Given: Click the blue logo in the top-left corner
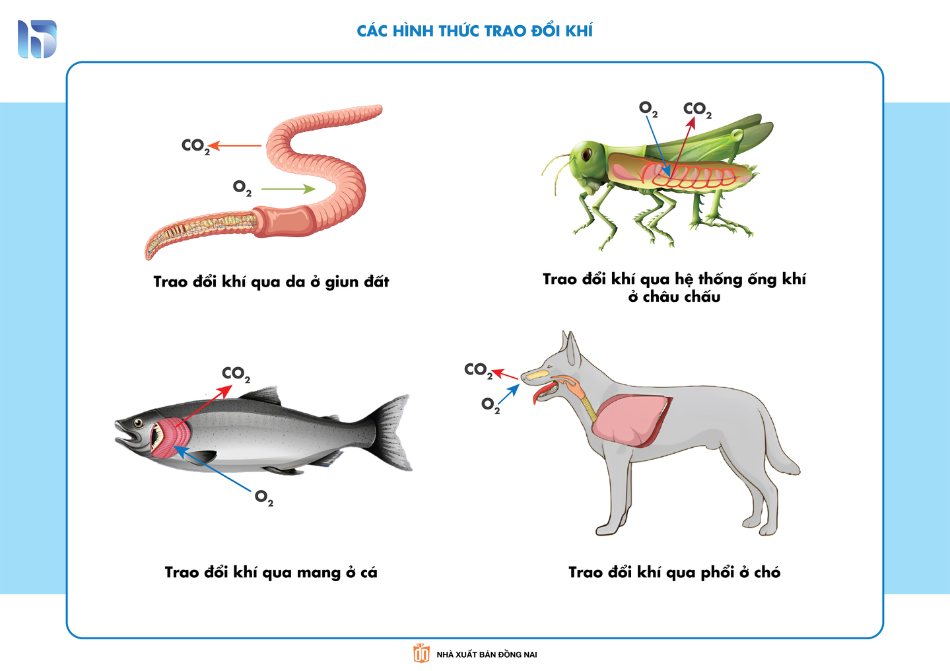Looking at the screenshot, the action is [37, 38].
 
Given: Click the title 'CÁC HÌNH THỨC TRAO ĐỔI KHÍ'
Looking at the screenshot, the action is [475, 30].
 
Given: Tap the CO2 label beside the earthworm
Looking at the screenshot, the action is [195, 147].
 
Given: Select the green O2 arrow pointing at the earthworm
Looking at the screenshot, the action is [288, 189].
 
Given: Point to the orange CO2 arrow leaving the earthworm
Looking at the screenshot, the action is [235, 146].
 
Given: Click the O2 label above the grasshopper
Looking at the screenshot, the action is [648, 110].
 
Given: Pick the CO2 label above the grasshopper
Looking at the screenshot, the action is [697, 110].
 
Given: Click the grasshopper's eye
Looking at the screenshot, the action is [587, 153].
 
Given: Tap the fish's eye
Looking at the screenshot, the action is [138, 423].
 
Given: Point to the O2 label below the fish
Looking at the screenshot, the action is [264, 498].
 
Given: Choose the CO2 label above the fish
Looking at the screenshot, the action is [236, 374].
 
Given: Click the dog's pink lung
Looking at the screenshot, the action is [632, 420].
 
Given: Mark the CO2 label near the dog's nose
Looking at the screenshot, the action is [478, 371].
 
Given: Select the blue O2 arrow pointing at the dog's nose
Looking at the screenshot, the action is [508, 394].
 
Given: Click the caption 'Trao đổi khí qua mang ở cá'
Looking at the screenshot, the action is [271, 572].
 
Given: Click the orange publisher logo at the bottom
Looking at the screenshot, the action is [421, 654].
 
